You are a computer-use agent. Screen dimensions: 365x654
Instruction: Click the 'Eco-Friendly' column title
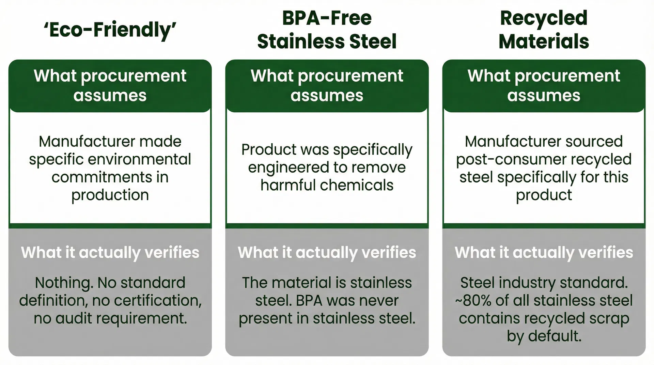click(110, 30)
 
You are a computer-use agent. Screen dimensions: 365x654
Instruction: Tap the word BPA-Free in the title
click(327, 18)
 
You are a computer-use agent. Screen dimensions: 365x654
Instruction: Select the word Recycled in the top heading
click(544, 18)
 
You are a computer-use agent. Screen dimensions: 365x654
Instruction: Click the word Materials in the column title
click(544, 42)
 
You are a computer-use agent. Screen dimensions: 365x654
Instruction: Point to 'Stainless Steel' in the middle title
click(327, 42)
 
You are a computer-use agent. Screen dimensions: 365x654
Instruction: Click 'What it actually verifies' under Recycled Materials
click(544, 253)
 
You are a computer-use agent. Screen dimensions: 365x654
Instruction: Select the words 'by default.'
click(544, 336)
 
